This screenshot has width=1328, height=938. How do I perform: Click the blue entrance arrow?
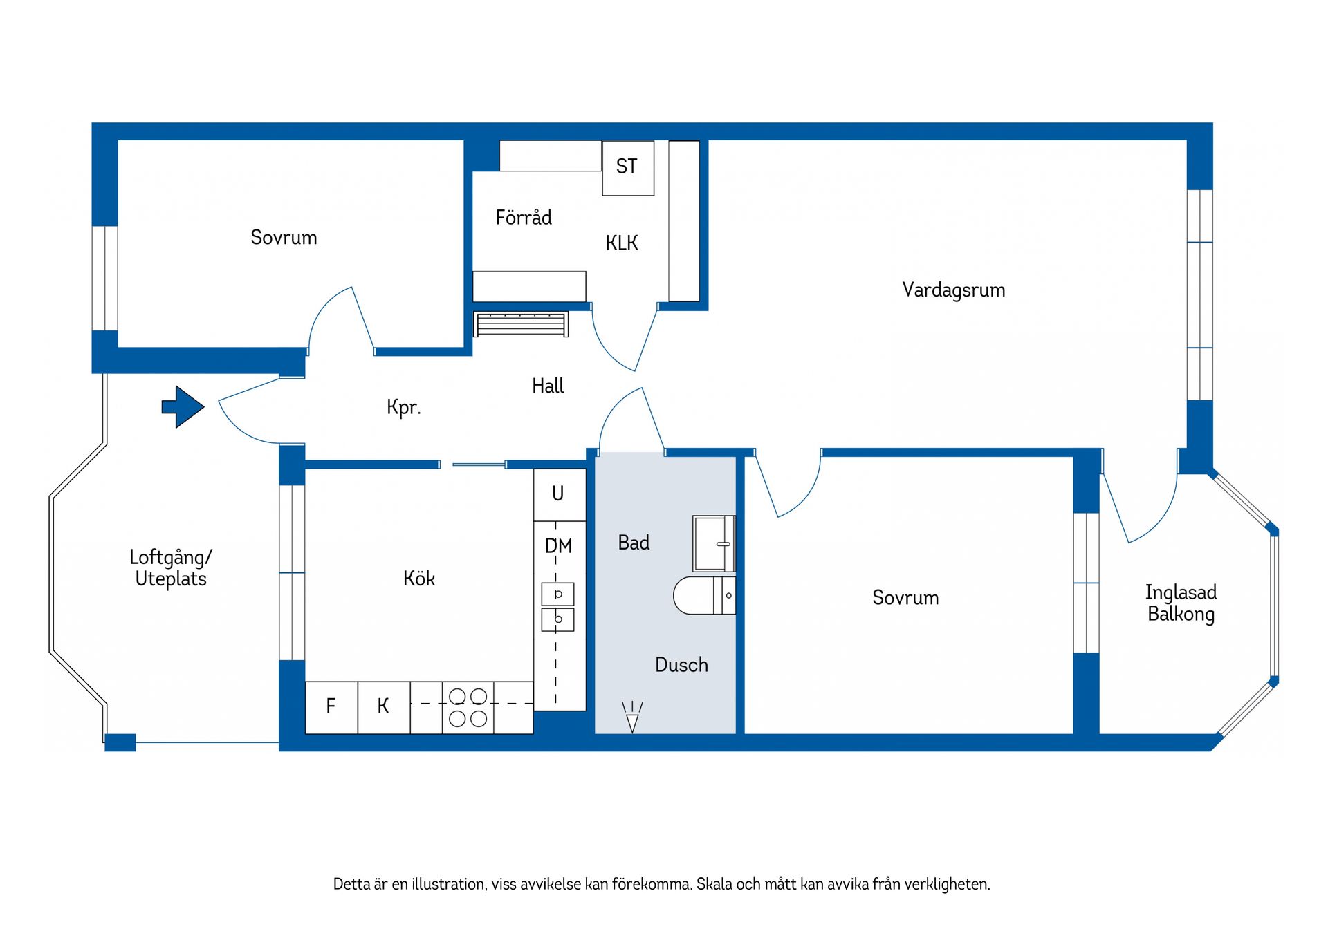point(183,406)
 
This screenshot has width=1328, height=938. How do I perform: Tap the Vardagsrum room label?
point(953,290)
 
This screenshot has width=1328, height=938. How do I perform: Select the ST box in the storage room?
point(627,167)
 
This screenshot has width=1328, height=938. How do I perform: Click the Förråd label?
point(524,218)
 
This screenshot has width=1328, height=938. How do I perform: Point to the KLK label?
point(621,243)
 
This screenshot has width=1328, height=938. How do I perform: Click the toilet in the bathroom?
point(702,595)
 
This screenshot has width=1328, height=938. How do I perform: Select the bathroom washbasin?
point(713,543)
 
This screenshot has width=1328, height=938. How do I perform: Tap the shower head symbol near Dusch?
point(631,717)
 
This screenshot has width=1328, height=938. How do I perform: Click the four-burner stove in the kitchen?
point(468,707)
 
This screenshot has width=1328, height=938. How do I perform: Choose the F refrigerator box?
point(331,707)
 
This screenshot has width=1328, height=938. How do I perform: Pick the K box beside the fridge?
point(383,707)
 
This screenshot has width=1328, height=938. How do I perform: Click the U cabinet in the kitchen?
point(559,494)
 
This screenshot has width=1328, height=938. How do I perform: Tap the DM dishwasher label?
point(559,546)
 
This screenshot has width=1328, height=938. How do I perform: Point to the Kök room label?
point(419,579)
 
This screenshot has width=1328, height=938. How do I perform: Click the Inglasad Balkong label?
point(1181,603)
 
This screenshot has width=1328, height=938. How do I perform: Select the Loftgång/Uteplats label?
point(171,568)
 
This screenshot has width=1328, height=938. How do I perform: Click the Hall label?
point(548,386)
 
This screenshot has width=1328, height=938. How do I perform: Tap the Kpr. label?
point(403,407)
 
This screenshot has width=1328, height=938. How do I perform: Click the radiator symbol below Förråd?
point(521,324)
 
